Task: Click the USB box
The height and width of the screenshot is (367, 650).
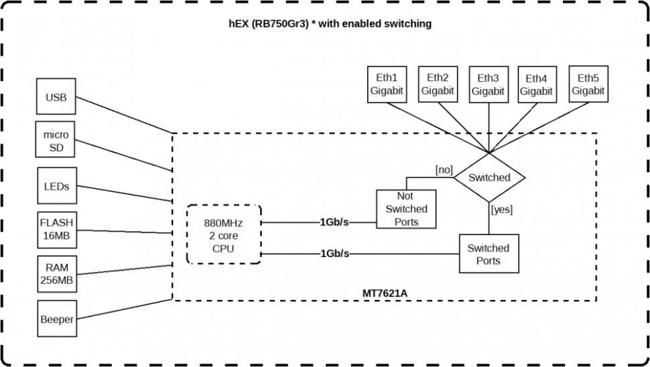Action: [56, 98]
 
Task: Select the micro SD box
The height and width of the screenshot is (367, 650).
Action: [56, 141]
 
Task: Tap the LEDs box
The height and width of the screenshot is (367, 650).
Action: [56, 186]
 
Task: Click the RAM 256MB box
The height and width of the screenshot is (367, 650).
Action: [56, 273]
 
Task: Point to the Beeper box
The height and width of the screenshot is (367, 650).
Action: [56, 319]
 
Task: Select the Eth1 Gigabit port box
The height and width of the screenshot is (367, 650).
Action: [387, 84]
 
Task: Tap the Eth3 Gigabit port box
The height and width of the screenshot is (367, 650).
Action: [488, 84]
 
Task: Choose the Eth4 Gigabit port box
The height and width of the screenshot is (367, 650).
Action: [537, 84]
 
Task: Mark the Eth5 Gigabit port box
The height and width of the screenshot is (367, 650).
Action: [588, 84]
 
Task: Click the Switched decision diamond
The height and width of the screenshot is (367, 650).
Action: [489, 177]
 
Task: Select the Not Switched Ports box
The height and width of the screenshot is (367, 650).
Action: [405, 209]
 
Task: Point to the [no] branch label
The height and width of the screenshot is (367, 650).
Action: [444, 170]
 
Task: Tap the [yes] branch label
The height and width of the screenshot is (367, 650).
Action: [502, 210]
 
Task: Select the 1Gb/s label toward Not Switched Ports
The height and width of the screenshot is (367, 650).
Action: [334, 222]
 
